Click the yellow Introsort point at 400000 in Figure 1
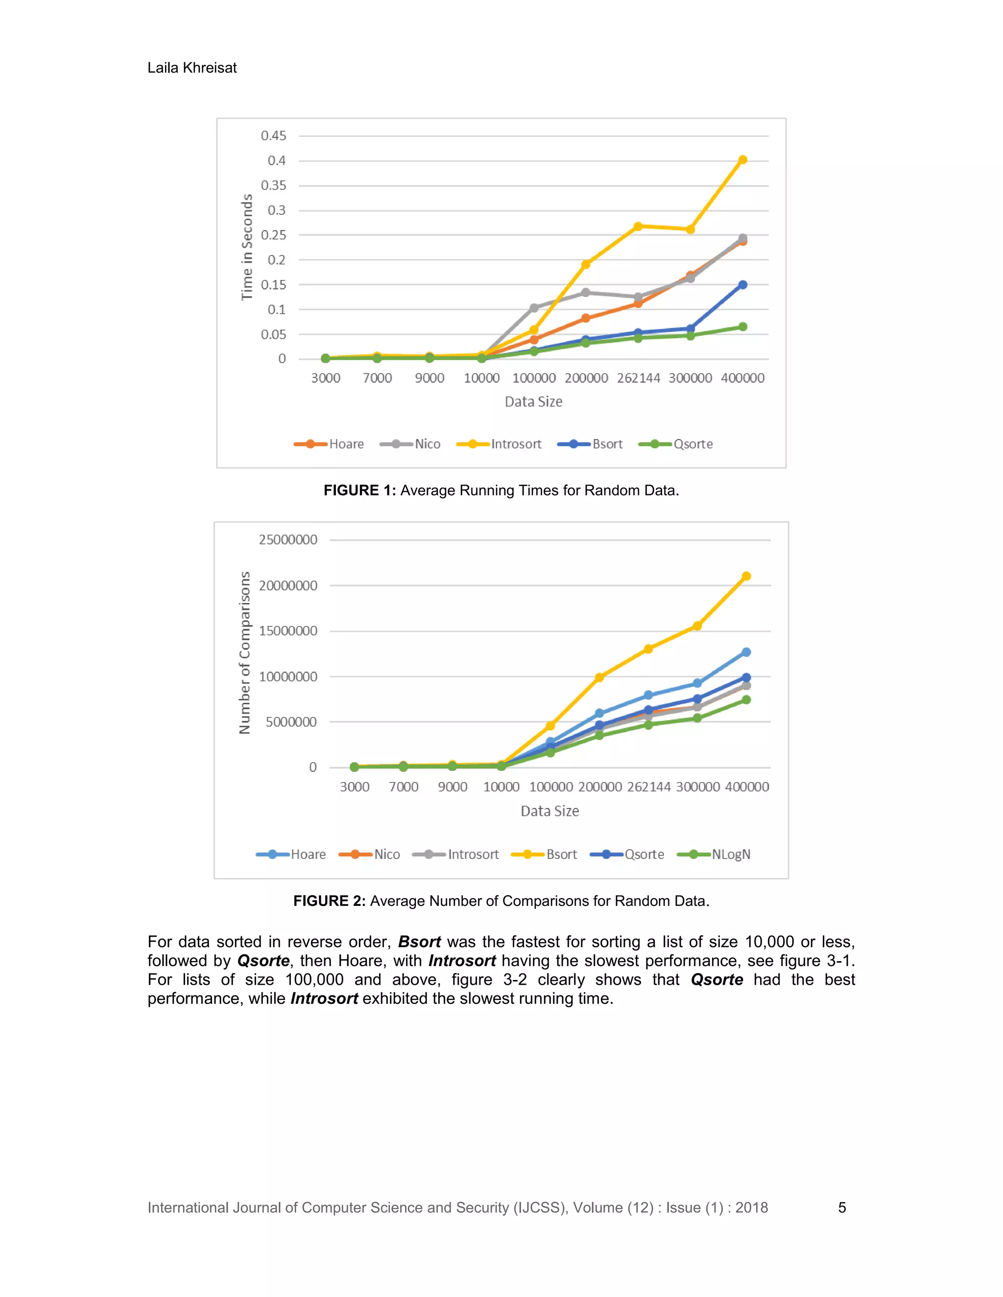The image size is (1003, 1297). [742, 159]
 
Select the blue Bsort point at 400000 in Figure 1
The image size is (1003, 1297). [742, 285]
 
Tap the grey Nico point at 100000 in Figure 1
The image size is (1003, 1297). [534, 308]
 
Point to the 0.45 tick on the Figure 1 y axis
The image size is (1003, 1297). [273, 136]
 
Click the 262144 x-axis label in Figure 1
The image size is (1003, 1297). [638, 378]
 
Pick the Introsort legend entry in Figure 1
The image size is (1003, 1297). [499, 444]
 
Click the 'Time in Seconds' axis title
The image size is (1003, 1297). [247, 247]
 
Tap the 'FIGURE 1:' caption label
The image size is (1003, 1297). [359, 490]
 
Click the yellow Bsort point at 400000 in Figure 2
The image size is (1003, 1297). [746, 576]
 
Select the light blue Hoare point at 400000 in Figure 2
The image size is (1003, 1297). [746, 652]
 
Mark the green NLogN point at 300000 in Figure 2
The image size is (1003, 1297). [697, 718]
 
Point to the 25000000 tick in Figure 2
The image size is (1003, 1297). [288, 540]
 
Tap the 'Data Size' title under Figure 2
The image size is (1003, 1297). [549, 811]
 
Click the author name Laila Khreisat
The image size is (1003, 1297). [192, 68]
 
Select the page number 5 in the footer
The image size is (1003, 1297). [841, 1207]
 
